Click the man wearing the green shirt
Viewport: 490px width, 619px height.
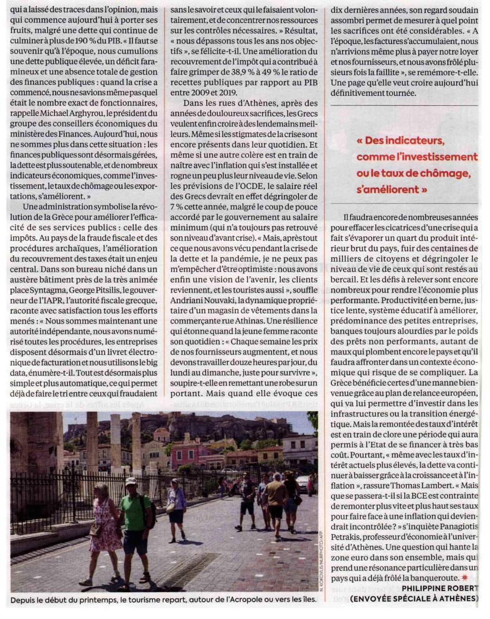pos(134,513)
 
